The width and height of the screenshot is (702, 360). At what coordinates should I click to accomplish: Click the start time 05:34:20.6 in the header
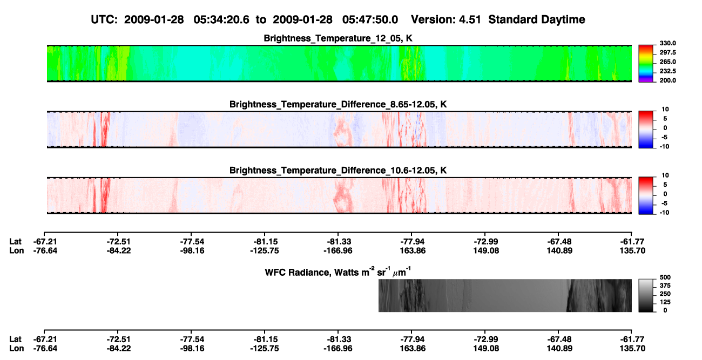coord(221,20)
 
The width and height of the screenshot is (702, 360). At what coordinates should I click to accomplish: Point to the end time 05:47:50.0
coord(370,20)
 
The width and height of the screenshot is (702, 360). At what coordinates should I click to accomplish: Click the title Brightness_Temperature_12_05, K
coord(338,38)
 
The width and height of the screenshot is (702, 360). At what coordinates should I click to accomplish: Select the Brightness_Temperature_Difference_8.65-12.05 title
coord(338,104)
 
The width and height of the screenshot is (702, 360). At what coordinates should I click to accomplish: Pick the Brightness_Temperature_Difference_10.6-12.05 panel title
coord(338,171)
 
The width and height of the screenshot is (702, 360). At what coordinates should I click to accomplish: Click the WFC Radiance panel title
coord(338,272)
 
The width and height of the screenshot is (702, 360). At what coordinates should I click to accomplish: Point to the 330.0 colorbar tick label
coord(667,43)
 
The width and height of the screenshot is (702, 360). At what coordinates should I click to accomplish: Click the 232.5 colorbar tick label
coord(667,71)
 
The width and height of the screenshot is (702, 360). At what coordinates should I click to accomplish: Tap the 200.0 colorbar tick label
coord(667,80)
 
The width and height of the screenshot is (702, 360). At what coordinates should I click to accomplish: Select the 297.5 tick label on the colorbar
coord(667,53)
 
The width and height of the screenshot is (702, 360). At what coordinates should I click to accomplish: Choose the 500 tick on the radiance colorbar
coord(665,277)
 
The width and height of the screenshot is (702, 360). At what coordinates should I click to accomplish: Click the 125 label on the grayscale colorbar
coord(665,302)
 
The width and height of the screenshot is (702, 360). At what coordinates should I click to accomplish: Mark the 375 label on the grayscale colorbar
coord(665,286)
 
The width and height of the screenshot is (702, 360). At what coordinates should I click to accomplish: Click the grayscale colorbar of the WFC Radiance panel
coord(646,295)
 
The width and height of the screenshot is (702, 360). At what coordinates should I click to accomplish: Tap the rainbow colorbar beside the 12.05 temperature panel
coord(646,64)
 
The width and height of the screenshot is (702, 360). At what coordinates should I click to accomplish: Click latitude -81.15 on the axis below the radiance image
coord(265,339)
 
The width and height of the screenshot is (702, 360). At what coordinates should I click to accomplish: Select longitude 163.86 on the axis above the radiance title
coord(413,250)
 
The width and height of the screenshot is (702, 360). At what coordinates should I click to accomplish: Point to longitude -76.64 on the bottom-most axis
coord(45,349)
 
